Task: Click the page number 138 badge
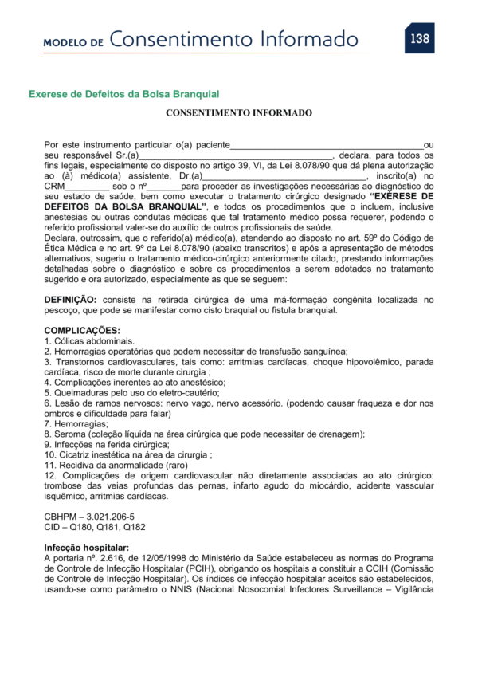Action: click(x=419, y=38)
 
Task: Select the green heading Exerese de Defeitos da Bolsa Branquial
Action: click(x=123, y=94)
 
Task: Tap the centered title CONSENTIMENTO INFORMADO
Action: click(x=239, y=113)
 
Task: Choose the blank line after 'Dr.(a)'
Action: click(x=284, y=177)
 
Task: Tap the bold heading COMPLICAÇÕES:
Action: click(x=82, y=330)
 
